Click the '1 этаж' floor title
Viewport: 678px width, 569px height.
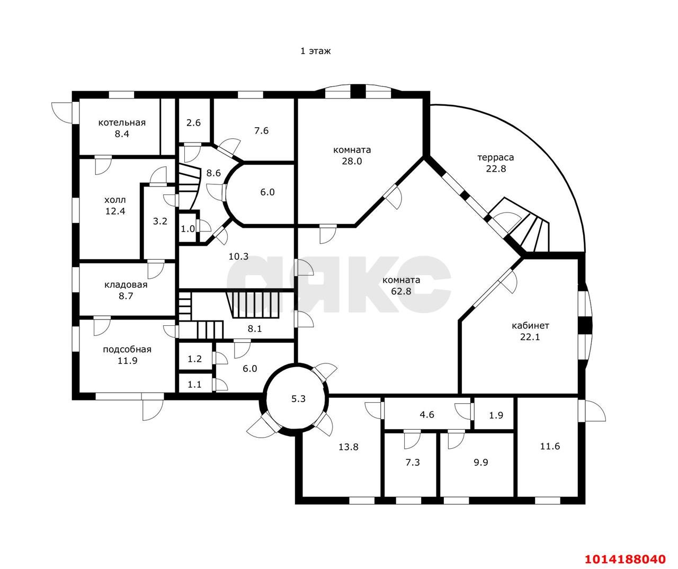(x=315, y=51)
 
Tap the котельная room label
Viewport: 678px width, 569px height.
(x=122, y=122)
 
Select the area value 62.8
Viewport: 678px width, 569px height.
(x=401, y=291)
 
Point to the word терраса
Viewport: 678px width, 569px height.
(x=495, y=157)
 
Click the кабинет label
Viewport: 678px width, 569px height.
(x=530, y=325)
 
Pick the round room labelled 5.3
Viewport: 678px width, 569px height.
(x=298, y=398)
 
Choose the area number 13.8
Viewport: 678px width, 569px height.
(x=349, y=447)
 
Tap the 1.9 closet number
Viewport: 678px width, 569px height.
(x=496, y=415)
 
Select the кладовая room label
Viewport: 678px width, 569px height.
(x=126, y=284)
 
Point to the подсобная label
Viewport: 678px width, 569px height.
(x=127, y=349)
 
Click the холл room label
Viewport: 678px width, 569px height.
(x=115, y=200)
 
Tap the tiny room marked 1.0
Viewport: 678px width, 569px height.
(x=188, y=229)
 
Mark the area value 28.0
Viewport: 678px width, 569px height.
(x=352, y=161)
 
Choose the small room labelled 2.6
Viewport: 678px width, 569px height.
(x=193, y=123)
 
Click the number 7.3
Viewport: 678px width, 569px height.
(x=413, y=462)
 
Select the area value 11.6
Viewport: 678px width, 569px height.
(x=550, y=446)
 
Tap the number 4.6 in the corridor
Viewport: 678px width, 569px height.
(x=427, y=414)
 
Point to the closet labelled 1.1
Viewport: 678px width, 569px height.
(x=194, y=385)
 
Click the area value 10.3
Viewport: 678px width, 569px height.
(x=238, y=256)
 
